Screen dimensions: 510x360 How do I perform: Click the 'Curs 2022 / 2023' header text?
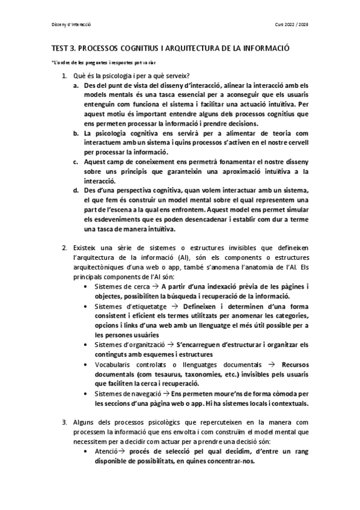(x=291, y=25)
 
